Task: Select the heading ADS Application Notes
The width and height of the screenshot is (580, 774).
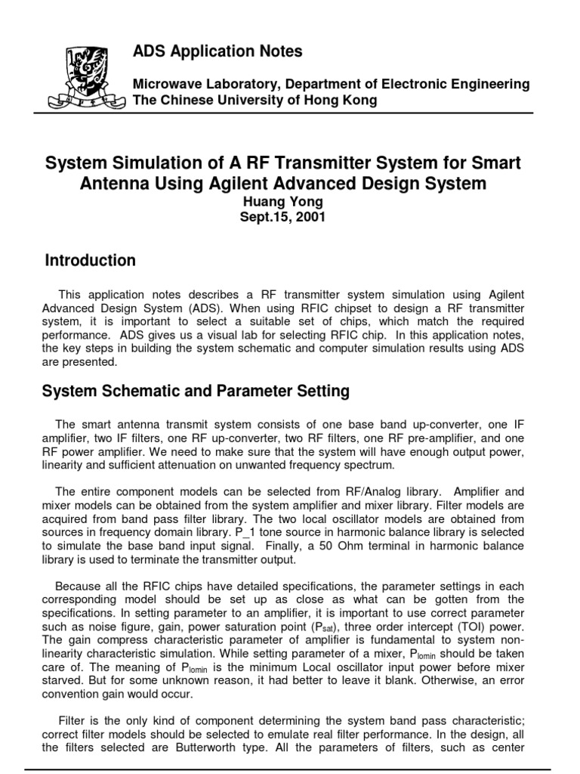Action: tap(217, 51)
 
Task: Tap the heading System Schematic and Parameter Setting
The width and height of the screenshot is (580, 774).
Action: tap(196, 391)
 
